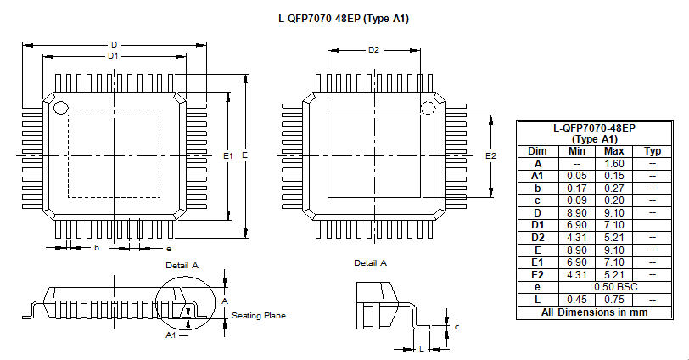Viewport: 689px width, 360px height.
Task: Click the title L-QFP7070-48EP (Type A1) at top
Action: click(x=344, y=19)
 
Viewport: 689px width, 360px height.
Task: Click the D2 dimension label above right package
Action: click(x=373, y=50)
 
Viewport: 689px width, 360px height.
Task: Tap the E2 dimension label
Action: click(x=490, y=155)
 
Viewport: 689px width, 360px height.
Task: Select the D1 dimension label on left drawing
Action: click(x=113, y=56)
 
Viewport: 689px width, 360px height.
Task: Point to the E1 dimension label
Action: click(x=227, y=155)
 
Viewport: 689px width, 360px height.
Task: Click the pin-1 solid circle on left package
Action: click(x=60, y=107)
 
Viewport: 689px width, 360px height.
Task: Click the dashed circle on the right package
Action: click(x=428, y=108)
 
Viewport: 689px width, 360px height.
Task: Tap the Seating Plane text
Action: click(x=258, y=316)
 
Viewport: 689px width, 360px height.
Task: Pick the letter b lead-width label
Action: click(x=97, y=248)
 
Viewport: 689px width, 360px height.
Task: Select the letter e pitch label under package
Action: click(x=169, y=249)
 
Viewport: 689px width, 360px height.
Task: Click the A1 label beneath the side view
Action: click(x=171, y=335)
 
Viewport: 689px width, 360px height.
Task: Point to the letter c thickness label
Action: click(x=457, y=327)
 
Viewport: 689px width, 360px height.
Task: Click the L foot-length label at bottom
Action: click(x=422, y=349)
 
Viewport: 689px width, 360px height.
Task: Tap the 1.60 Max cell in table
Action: click(x=613, y=164)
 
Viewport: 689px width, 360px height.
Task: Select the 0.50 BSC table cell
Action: click(x=615, y=287)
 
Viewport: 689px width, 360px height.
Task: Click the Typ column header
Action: click(x=653, y=151)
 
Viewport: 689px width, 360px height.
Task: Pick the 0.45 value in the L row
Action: click(x=576, y=300)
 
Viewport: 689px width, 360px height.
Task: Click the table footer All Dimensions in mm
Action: click(x=594, y=312)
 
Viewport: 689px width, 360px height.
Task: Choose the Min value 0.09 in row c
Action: click(x=576, y=200)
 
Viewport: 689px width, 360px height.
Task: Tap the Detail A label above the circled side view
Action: click(x=182, y=266)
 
